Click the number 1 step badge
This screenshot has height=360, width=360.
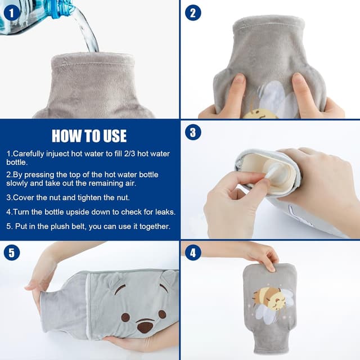12,13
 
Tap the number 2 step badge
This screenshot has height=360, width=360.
193,13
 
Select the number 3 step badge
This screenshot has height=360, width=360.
193,132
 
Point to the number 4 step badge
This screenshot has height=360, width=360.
193,253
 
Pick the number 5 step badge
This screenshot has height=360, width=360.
12,253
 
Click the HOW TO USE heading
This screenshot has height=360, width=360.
89,136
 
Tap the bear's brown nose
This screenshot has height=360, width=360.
145,326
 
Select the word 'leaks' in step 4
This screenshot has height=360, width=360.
165,211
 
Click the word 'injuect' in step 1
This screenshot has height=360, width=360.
57,154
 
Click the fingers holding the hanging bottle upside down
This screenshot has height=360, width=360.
266,256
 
